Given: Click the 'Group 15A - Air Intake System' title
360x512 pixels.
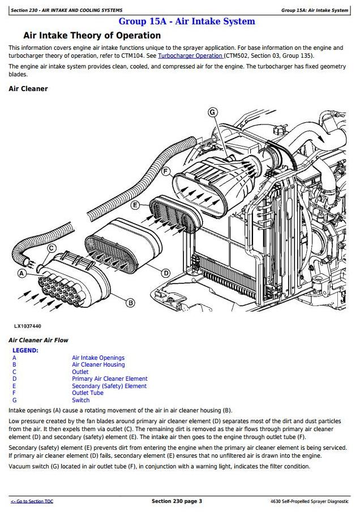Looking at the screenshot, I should (186, 21).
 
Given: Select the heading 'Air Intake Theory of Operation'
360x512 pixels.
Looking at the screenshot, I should (92, 36).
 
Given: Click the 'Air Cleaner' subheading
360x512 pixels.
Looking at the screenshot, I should (28, 89).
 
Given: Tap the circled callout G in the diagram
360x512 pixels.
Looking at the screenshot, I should (213, 112).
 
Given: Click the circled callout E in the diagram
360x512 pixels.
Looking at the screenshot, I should (135, 205).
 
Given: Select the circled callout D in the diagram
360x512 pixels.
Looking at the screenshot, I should (165, 273).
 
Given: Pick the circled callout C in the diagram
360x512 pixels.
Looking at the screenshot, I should (52, 248).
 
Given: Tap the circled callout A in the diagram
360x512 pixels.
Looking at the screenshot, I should (22, 273).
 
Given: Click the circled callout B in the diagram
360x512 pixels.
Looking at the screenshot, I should (130, 303).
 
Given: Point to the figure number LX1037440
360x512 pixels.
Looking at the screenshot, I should (28, 326).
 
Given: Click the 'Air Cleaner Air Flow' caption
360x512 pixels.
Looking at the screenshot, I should (38, 340).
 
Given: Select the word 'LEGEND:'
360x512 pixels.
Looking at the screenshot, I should (25, 350).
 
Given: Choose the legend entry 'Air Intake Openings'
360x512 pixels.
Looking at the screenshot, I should (98, 358).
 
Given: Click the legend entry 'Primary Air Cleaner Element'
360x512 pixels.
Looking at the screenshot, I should (109, 379).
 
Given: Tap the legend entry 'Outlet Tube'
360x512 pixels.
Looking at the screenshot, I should (88, 393).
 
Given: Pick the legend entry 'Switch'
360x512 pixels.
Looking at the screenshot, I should (80, 400).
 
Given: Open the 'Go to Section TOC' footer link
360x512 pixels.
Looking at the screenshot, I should (32, 501).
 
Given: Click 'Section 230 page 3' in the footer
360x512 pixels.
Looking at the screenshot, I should (177, 501).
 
